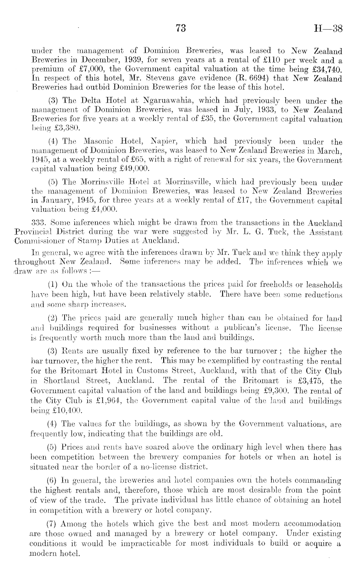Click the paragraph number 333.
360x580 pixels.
point(43,223)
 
